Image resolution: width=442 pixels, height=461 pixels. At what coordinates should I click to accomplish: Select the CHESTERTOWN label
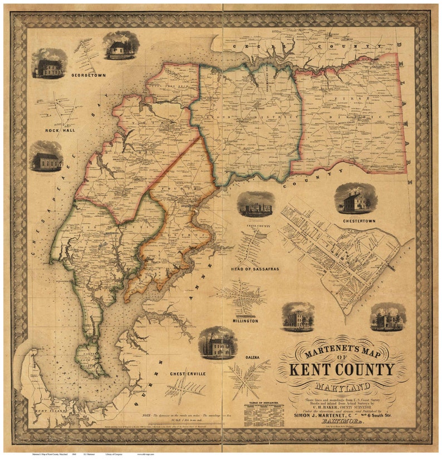pyautogui.click(x=356, y=221)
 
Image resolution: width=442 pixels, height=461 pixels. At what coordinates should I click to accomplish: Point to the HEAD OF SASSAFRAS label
pyautogui.click(x=254, y=269)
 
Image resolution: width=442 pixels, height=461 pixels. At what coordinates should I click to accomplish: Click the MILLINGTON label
pyautogui.click(x=242, y=322)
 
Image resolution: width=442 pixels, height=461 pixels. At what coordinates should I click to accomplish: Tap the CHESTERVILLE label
pyautogui.click(x=188, y=373)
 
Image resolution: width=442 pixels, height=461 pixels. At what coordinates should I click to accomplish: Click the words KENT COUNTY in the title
pyautogui.click(x=342, y=370)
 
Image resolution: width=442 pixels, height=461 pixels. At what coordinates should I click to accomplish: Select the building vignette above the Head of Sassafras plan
pyautogui.click(x=256, y=205)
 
